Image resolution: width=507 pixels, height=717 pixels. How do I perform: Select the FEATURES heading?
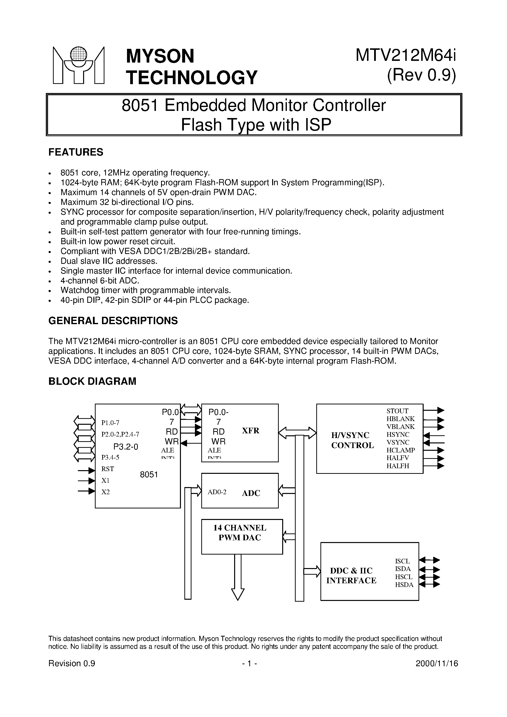pos(76,152)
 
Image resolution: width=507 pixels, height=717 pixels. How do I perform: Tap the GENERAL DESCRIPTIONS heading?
pos(113,320)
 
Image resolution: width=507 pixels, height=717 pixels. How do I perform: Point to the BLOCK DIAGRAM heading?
pos(92,381)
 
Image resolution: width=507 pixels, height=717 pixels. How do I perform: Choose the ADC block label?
pos(251,493)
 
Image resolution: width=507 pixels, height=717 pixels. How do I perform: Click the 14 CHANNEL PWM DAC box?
pos(242,536)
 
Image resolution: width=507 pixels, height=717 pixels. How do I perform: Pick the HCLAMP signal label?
pos(401,450)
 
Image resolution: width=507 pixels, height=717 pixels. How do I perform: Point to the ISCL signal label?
pos(402,561)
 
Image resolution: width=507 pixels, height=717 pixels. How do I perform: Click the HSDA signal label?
pos(404,585)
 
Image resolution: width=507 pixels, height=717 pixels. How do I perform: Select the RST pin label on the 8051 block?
pos(108,469)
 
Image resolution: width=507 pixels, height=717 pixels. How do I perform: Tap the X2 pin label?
pos(105,492)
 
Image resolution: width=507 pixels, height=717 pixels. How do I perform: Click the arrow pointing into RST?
pos(87,470)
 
